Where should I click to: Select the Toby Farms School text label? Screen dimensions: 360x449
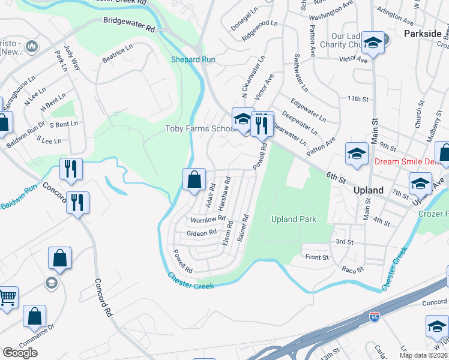point(200,129)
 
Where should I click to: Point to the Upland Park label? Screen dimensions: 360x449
point(294,219)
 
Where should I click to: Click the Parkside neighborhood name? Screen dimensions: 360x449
point(423,33)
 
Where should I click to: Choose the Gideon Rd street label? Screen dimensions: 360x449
point(201,233)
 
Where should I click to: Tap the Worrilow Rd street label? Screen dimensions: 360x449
point(208,220)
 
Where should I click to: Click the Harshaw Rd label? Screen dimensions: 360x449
point(225,191)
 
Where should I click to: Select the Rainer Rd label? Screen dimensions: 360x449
point(243,228)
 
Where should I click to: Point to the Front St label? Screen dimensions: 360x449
point(318,257)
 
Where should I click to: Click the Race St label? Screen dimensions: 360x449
point(352,270)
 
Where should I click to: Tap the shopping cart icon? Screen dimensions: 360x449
point(7,296)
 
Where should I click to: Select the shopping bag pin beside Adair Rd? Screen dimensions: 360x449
point(194,179)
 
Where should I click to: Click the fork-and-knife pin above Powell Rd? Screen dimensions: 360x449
point(262,124)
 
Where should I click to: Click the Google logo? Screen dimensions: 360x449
point(20,353)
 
